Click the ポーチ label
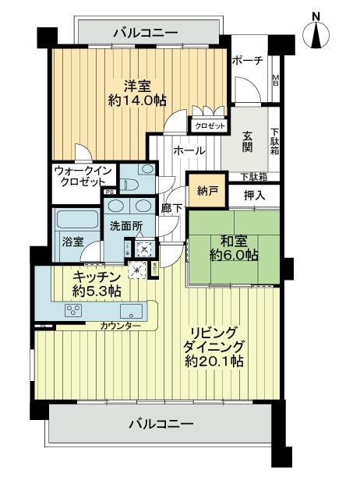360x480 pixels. (248, 62)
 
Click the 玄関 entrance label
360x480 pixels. (246, 139)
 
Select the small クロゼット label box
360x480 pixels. (208, 124)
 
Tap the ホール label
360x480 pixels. (189, 150)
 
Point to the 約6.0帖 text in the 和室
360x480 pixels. (233, 256)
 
